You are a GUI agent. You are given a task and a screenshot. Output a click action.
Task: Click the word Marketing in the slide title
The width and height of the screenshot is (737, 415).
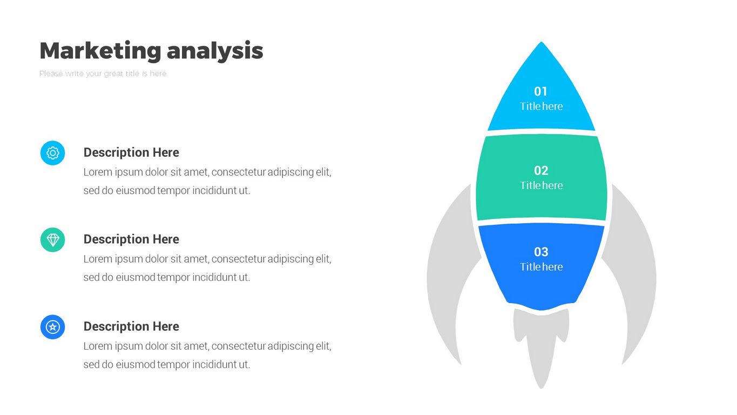(x=100, y=51)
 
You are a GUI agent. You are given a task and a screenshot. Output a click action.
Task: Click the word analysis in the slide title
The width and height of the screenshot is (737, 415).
(x=215, y=51)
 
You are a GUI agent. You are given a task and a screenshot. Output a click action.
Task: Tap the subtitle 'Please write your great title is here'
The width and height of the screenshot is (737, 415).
(x=103, y=73)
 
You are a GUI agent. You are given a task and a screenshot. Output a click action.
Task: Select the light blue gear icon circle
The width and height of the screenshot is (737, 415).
(x=53, y=153)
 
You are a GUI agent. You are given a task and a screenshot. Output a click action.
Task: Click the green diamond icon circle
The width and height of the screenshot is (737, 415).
(x=53, y=240)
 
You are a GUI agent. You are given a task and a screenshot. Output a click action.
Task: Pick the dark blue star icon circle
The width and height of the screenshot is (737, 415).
(x=53, y=327)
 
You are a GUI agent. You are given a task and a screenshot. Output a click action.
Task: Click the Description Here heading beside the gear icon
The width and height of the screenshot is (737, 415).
(x=131, y=152)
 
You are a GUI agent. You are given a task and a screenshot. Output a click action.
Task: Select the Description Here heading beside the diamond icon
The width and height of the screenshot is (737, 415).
(x=131, y=239)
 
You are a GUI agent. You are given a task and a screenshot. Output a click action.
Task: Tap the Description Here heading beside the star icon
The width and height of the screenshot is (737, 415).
(x=131, y=326)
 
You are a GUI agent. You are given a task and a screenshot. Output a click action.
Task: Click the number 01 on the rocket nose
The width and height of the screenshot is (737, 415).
(x=540, y=91)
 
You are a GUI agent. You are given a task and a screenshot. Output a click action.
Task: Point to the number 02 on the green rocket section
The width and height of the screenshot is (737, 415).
(x=541, y=170)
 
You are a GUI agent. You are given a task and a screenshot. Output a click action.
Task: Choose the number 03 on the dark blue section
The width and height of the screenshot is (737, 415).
(x=541, y=252)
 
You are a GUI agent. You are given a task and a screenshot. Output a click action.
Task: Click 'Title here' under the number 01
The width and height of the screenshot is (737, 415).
(x=541, y=106)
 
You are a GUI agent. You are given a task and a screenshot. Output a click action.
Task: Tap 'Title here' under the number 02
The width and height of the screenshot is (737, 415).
(x=541, y=185)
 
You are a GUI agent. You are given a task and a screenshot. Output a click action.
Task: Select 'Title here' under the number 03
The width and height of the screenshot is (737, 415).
(x=541, y=267)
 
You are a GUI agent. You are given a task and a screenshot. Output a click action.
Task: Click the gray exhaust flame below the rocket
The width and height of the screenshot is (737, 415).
(x=541, y=343)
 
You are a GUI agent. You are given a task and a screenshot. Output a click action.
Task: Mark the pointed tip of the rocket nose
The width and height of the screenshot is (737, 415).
(x=541, y=42)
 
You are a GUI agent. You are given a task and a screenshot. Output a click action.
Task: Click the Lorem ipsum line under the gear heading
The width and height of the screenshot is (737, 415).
(x=207, y=172)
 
